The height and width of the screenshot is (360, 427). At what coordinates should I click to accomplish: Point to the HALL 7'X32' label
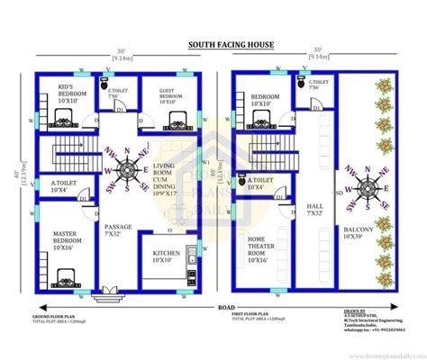315,208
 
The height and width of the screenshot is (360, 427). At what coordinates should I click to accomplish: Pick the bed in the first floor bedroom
257,118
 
